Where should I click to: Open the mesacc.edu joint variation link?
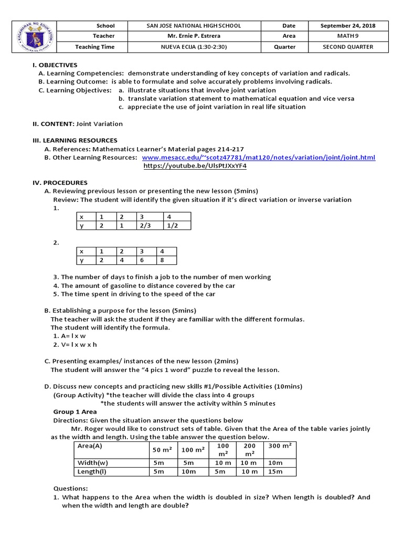[259, 158]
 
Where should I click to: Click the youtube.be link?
[195, 166]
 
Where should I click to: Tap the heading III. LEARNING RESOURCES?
[75, 141]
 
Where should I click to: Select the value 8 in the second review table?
[163, 260]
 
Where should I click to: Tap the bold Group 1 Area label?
[75, 412]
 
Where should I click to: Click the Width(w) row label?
[92, 463]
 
